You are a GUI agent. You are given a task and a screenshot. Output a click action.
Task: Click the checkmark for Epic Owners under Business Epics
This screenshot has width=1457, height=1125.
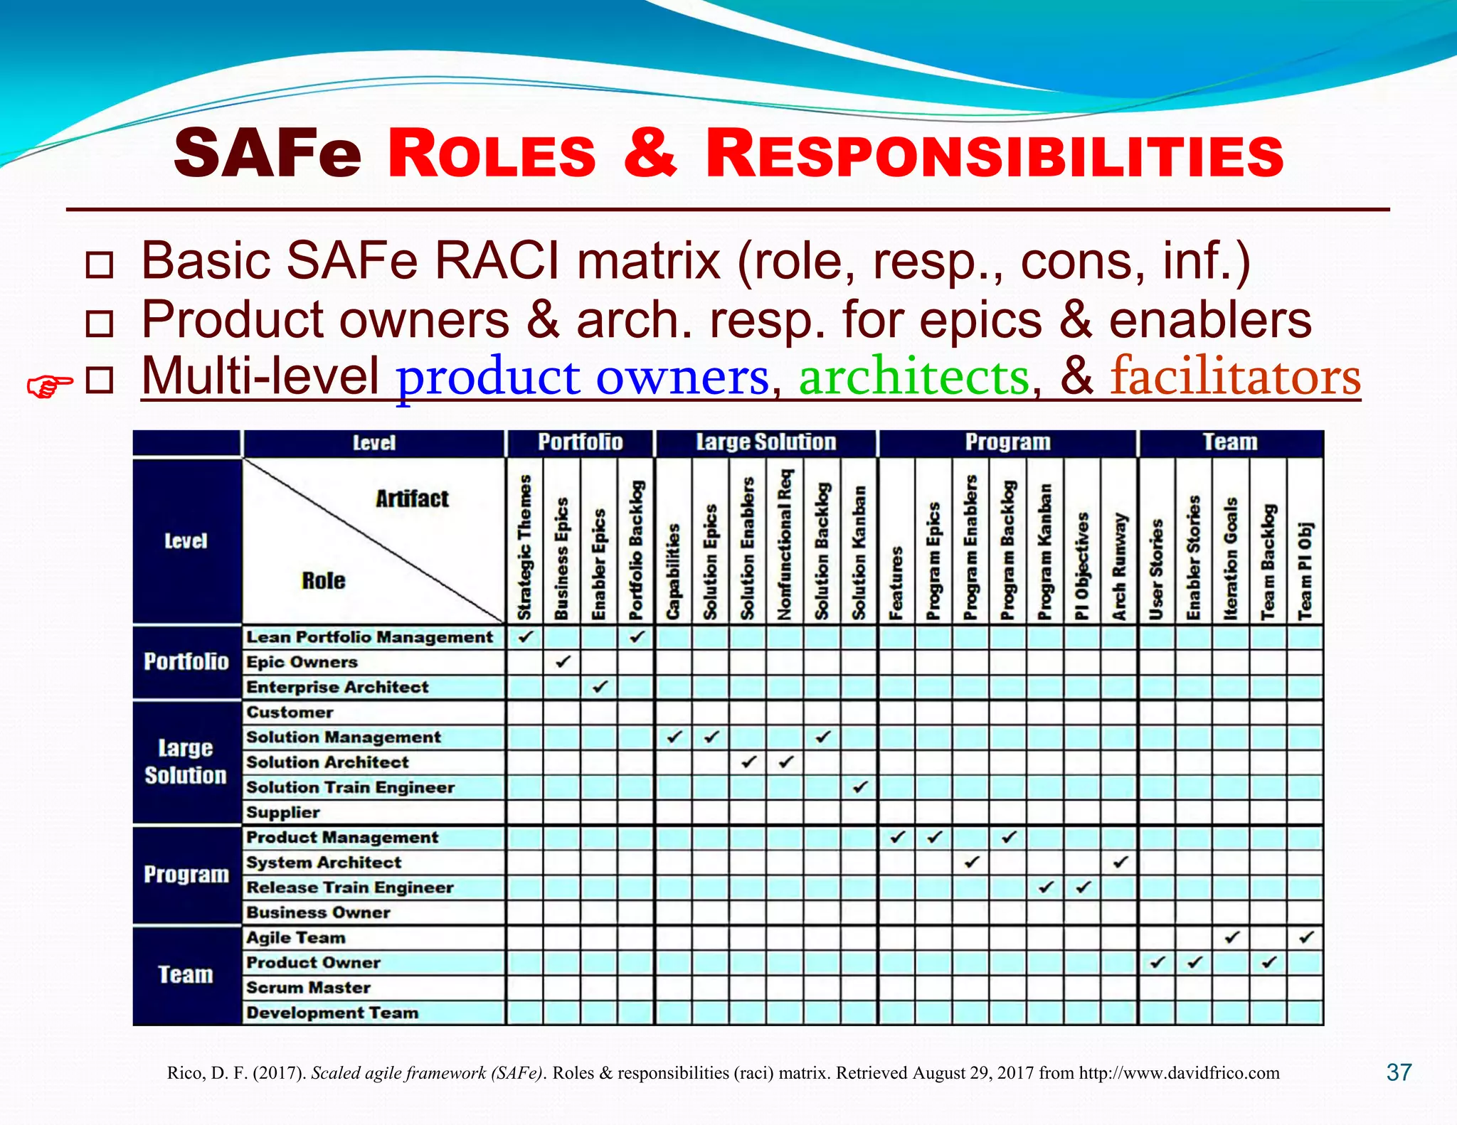coord(563,662)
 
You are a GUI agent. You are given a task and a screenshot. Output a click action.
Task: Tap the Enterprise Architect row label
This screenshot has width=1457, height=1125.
coord(337,687)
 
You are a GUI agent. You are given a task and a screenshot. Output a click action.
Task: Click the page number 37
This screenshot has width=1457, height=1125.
coord(1399,1072)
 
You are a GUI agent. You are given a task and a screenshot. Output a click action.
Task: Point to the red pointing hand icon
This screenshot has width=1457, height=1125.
coord(49,386)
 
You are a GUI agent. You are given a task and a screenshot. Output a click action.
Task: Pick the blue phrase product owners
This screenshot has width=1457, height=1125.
coord(583,376)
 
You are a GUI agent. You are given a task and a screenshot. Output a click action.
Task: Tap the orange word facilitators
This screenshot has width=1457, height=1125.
coord(1236,376)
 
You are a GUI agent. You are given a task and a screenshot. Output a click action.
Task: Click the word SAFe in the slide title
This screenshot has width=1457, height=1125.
coord(267,154)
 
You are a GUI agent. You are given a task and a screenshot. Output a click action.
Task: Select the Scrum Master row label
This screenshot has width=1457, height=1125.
coord(308,988)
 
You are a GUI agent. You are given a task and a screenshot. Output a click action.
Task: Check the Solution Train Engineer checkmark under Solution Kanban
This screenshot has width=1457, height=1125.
coord(860,787)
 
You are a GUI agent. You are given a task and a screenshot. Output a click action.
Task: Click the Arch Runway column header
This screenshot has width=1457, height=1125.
coord(1120,566)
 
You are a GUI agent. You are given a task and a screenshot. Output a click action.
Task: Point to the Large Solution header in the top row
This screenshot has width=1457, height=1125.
coord(765,442)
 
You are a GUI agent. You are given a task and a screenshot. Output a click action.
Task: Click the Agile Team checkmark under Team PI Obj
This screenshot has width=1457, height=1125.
coord(1305,937)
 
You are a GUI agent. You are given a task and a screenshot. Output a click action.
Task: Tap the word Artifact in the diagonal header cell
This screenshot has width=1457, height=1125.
coord(412,499)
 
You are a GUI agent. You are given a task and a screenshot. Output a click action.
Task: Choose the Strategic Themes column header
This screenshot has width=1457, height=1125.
coord(525,548)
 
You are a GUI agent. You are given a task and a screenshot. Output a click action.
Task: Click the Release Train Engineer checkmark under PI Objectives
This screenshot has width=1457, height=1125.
coord(1083,887)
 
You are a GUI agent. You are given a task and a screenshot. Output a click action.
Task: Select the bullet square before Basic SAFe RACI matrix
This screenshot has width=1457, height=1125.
coord(99,265)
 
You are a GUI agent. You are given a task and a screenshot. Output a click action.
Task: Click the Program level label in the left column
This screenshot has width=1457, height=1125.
coord(186,875)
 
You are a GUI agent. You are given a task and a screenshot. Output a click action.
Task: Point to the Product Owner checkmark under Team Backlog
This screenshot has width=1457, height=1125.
coord(1268,963)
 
